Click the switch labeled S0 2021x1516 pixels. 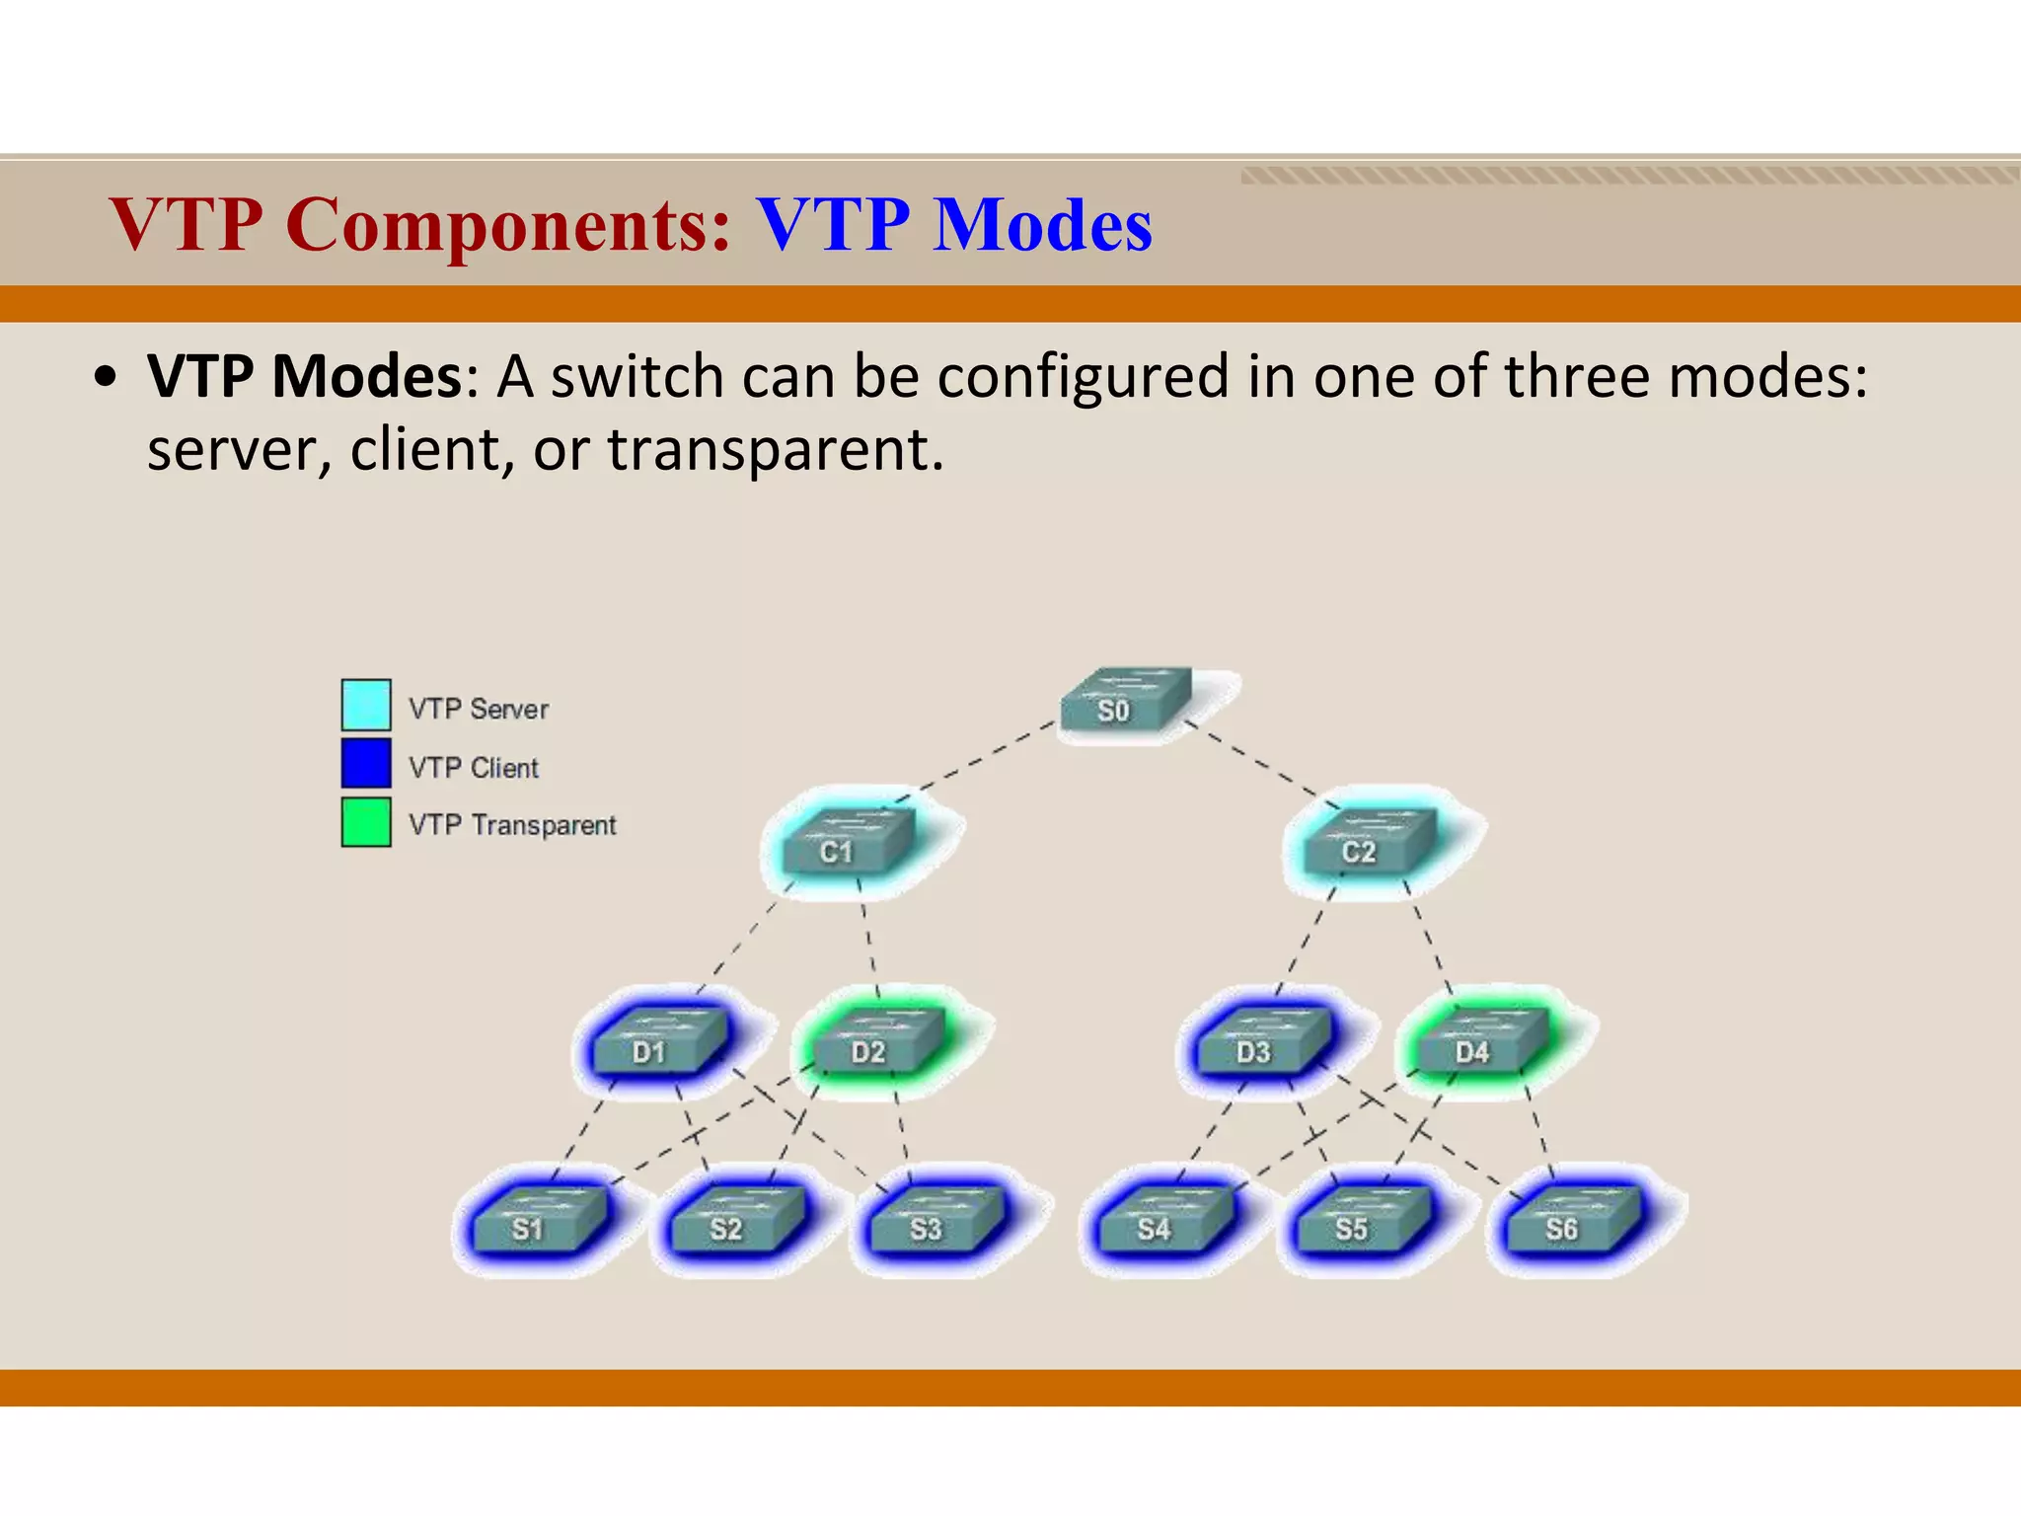click(1125, 703)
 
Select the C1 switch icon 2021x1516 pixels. click(847, 844)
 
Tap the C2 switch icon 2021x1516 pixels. click(1368, 844)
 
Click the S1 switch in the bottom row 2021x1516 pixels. click(538, 1221)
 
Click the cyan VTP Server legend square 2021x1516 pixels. click(366, 705)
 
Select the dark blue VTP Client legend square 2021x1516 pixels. click(366, 763)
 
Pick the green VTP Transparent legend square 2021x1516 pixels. click(366, 822)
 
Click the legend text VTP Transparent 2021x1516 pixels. click(512, 825)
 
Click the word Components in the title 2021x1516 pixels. click(508, 225)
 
